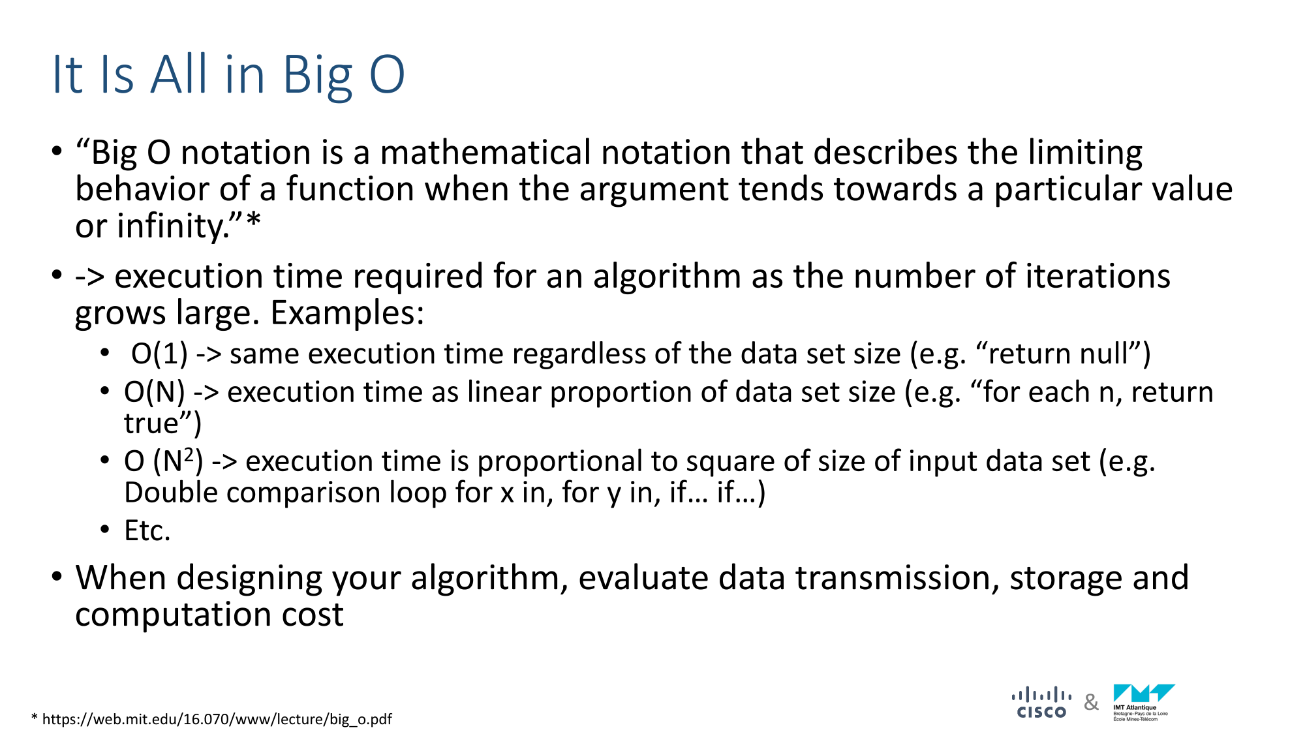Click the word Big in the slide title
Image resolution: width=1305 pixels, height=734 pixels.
click(x=318, y=76)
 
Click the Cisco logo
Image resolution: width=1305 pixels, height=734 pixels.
click(x=1041, y=703)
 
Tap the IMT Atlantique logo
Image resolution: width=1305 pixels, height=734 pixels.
click(x=1144, y=703)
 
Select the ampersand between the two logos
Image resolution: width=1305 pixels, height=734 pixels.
click(x=1091, y=703)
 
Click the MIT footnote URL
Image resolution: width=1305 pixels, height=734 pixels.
click(x=217, y=719)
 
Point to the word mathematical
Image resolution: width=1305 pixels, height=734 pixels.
click(x=485, y=153)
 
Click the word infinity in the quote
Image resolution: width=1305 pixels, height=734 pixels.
click(x=171, y=226)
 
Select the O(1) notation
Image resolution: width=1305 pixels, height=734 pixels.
click(x=159, y=354)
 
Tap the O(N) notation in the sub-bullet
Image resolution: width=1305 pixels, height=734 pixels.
click(x=155, y=392)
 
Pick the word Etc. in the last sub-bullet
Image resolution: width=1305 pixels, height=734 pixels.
click(x=147, y=530)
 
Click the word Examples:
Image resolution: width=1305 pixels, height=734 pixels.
click(x=347, y=313)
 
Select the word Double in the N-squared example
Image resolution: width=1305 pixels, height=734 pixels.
click(x=171, y=493)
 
